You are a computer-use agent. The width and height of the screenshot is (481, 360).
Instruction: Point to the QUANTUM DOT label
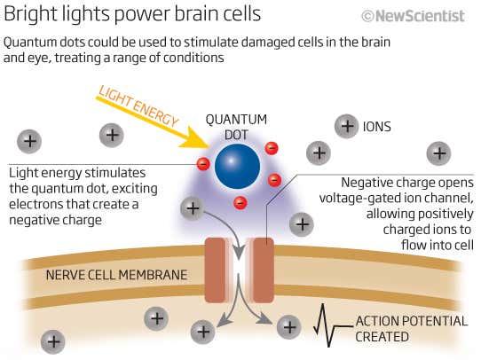pyautogui.click(x=236, y=126)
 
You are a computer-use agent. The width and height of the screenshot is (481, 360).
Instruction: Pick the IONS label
pyautogui.click(x=376, y=127)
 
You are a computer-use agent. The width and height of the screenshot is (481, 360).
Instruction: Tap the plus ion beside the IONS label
pyautogui.click(x=346, y=126)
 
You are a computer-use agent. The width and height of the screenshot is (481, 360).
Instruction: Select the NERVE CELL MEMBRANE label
pyautogui.click(x=115, y=275)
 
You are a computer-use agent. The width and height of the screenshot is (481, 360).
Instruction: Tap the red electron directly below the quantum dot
pyautogui.click(x=240, y=203)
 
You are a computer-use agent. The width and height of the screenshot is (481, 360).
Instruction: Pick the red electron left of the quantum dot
pyautogui.click(x=203, y=163)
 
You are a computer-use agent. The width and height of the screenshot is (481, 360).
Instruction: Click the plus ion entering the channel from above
pyautogui.click(x=192, y=209)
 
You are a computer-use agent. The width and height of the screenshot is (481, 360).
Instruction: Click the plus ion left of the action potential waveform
pyautogui.click(x=288, y=326)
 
